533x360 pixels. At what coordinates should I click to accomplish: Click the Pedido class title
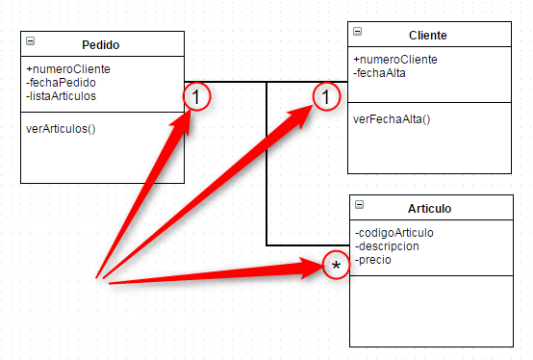(x=101, y=44)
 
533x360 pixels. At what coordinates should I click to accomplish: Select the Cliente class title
(x=427, y=36)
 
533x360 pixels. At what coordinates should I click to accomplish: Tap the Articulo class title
(x=429, y=208)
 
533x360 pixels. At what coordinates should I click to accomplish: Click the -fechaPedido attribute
(x=60, y=82)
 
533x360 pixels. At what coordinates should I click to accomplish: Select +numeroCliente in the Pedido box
(x=68, y=68)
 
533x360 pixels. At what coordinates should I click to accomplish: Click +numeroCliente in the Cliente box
(x=395, y=60)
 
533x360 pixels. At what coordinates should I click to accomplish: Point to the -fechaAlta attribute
(x=382, y=72)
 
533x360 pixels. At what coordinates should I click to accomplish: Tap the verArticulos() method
(x=61, y=127)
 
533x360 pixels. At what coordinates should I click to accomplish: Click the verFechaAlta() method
(x=392, y=119)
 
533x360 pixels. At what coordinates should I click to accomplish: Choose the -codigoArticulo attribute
(x=394, y=232)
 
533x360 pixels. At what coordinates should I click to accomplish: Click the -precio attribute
(x=373, y=259)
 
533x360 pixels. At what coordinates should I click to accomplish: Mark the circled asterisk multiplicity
(x=336, y=265)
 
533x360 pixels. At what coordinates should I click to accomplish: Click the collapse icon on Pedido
(x=31, y=41)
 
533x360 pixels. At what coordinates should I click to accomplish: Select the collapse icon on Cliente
(x=358, y=32)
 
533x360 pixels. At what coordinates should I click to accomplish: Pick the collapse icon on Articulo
(x=359, y=204)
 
